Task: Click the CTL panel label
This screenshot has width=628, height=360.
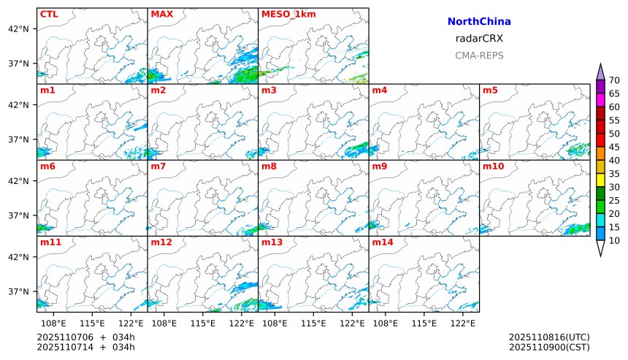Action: coord(49,14)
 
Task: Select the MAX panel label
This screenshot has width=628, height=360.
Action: coord(161,14)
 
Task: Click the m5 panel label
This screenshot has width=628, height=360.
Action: coord(491,91)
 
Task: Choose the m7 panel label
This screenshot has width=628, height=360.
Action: coord(158,166)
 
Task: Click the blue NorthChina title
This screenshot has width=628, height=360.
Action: coord(479,23)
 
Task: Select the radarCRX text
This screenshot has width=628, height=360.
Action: coord(479,39)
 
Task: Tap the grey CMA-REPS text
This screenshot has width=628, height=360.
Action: coord(479,55)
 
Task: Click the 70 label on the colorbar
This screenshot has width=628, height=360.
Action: coord(614,80)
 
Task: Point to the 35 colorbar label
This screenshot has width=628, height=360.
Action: coord(614,174)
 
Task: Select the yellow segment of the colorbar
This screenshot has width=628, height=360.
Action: coord(600,180)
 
